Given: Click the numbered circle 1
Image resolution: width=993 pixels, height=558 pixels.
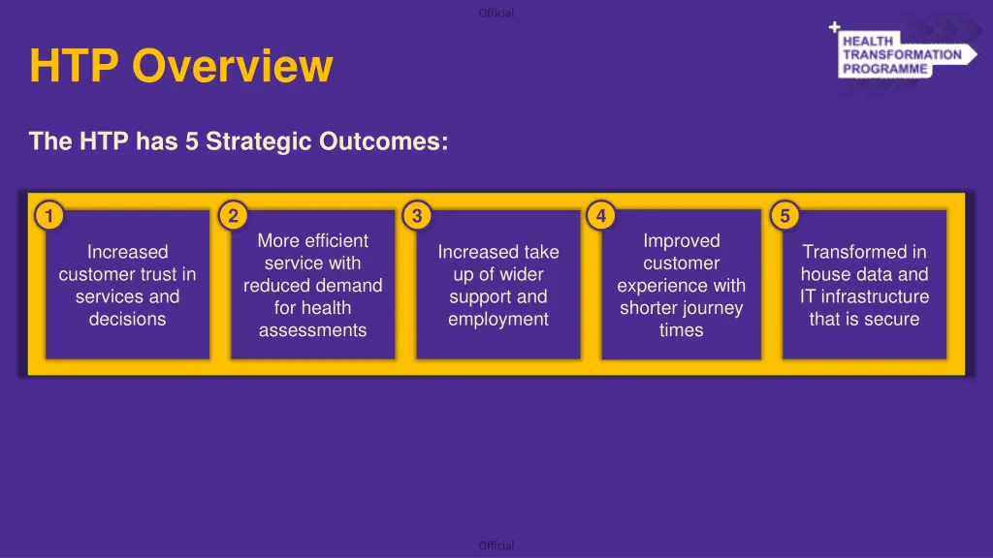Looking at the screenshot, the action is [x=48, y=216].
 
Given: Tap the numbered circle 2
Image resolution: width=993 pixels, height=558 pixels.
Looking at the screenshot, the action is [x=233, y=216].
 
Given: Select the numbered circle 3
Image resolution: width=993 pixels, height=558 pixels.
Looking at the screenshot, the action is [x=417, y=216].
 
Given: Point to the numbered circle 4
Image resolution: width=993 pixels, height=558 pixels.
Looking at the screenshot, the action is [x=601, y=216].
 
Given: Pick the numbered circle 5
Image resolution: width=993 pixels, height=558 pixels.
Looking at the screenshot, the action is [x=785, y=216].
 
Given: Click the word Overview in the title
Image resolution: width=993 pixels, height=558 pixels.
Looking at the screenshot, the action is [x=233, y=66].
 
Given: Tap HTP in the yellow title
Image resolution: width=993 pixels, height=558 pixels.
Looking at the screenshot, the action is [x=74, y=66].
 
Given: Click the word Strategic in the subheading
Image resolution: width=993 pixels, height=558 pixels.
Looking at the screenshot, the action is [x=259, y=141].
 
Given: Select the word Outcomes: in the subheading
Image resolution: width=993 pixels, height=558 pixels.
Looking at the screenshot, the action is [x=384, y=141].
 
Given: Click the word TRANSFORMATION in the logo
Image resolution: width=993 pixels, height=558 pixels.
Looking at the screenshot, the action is [x=902, y=55].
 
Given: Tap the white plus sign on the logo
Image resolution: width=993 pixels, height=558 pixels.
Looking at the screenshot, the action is [x=835, y=26].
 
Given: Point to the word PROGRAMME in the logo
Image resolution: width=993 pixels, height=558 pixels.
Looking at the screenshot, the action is [x=884, y=69].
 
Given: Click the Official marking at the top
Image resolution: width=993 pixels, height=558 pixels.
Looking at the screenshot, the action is [x=496, y=13].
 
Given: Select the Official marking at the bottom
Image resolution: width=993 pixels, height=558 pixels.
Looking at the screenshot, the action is [x=496, y=545].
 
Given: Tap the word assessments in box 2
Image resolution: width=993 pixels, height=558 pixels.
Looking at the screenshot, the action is [x=313, y=330].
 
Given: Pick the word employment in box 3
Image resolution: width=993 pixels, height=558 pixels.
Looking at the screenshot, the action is [x=498, y=320].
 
